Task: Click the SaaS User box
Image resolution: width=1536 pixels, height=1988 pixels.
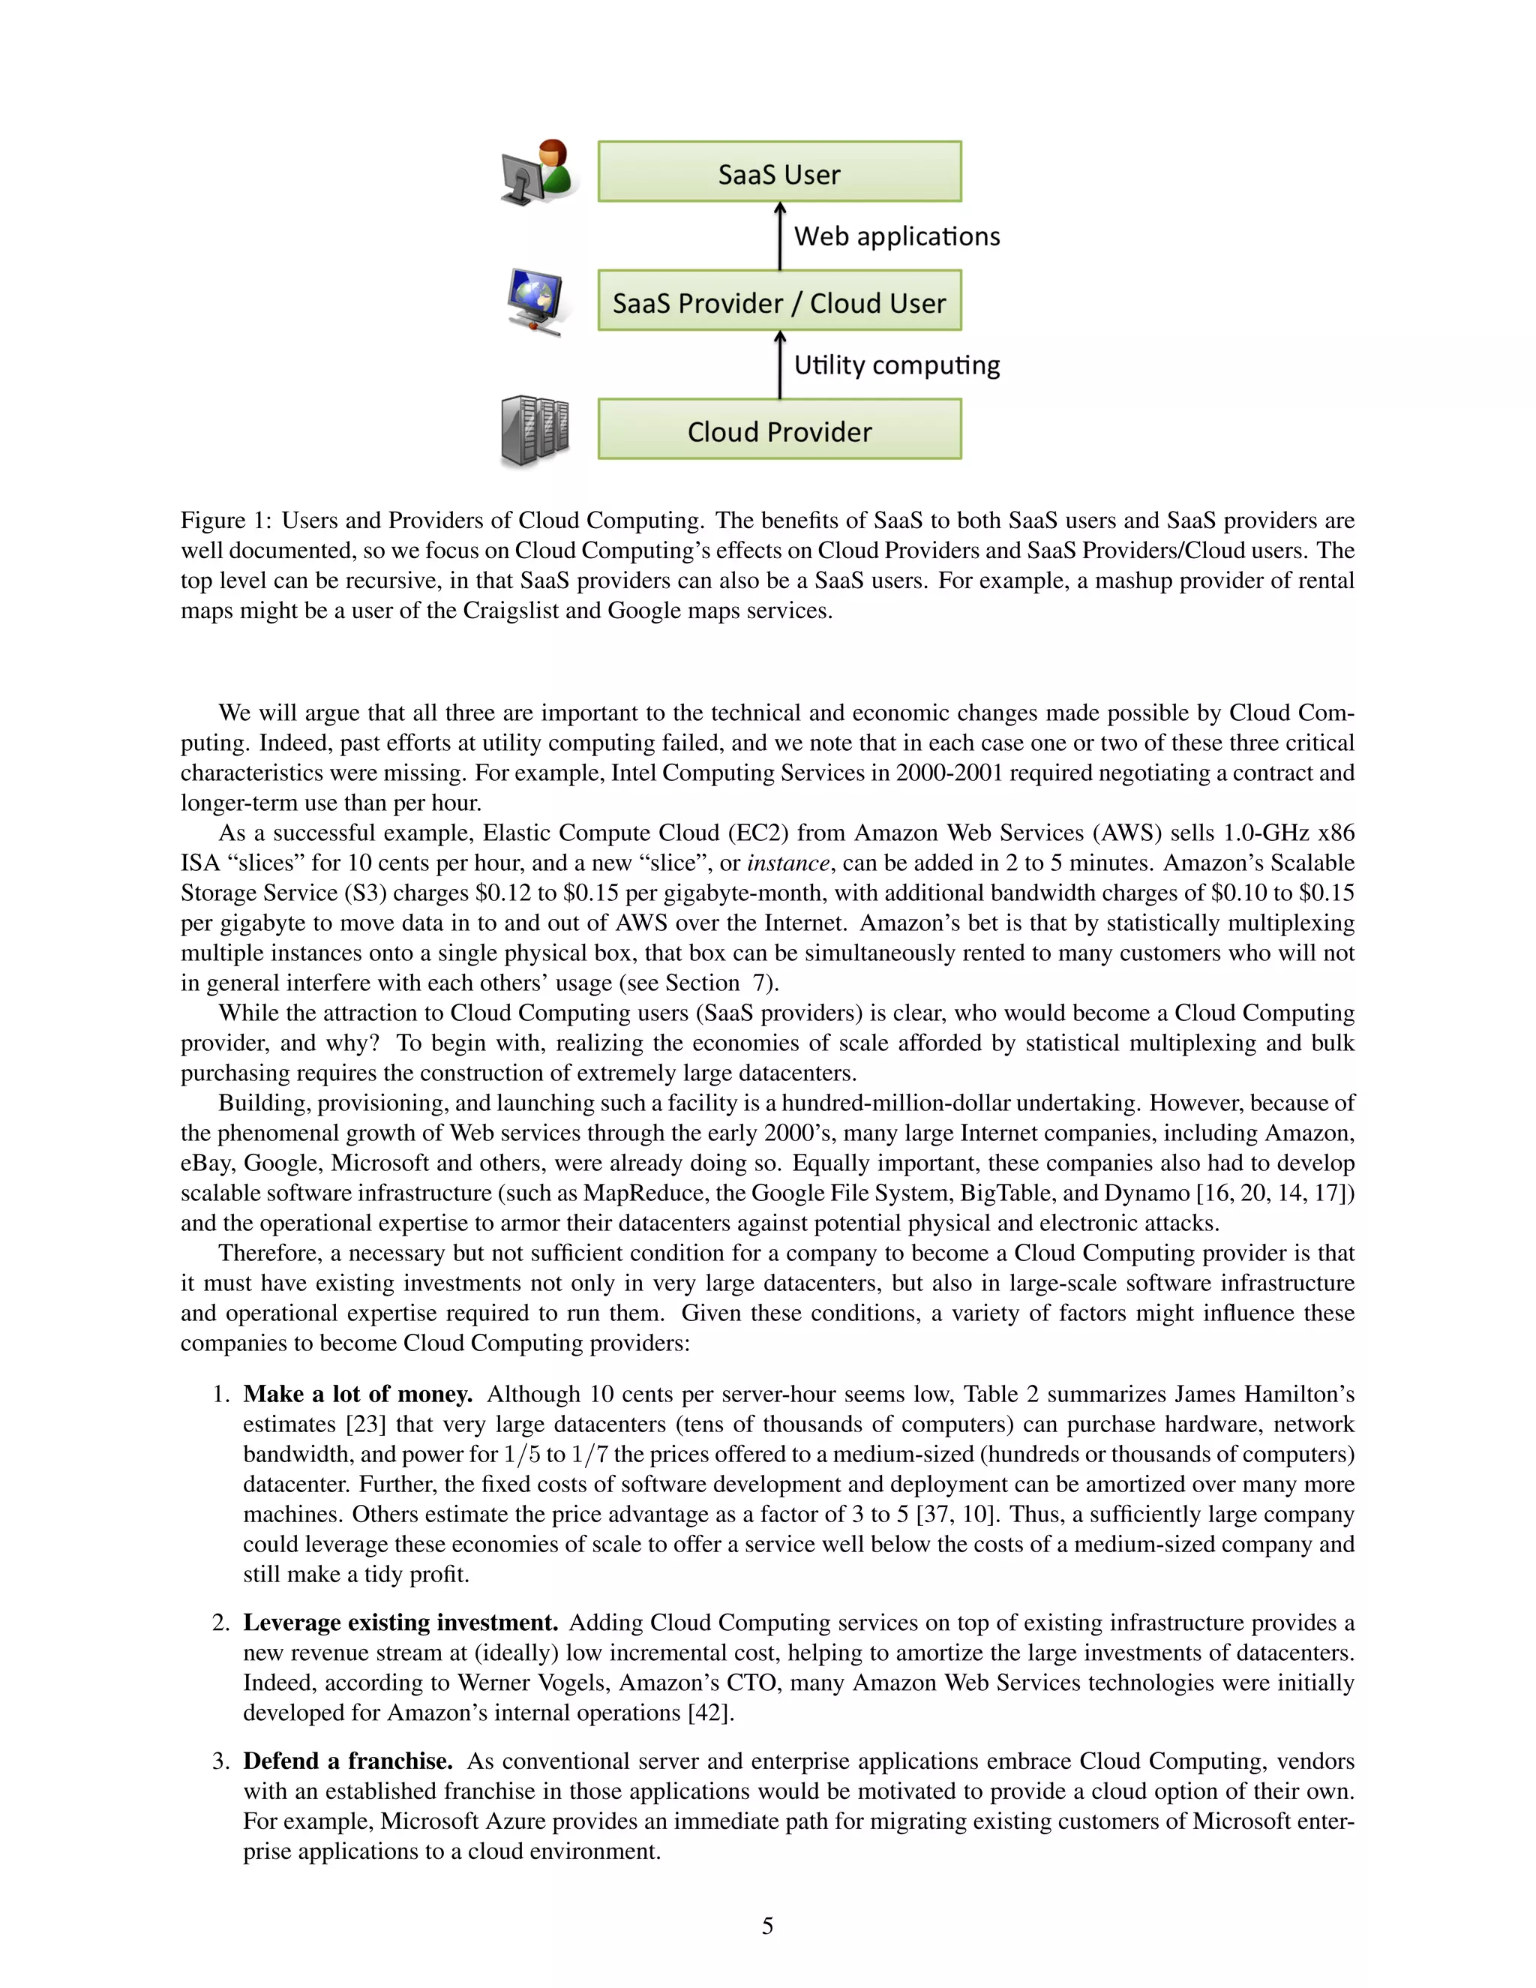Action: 779,172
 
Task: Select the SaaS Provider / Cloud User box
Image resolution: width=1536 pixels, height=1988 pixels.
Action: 779,302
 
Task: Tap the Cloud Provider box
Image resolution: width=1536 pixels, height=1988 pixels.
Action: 779,430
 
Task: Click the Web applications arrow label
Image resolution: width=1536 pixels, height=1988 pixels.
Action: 896,236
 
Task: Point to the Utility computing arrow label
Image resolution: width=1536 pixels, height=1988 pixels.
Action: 896,365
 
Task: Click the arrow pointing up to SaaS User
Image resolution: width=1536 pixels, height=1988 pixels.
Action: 780,236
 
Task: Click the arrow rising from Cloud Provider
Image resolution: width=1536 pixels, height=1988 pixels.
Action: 780,365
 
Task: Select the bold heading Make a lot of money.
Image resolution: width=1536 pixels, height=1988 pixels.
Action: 358,1395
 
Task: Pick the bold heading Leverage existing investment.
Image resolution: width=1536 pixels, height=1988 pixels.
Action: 400,1623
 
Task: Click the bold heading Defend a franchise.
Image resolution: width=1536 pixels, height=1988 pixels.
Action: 347,1761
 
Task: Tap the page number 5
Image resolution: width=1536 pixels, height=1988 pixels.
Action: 767,1926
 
